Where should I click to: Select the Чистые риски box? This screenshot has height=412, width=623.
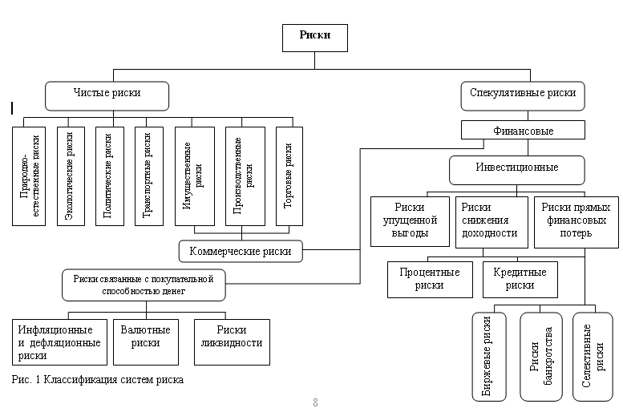tap(107, 94)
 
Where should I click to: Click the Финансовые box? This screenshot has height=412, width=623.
tap(521, 130)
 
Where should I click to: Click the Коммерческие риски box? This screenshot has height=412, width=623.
tap(241, 252)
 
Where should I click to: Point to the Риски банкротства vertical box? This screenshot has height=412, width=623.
tap(541, 356)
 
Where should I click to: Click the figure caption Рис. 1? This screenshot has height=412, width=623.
tap(99, 380)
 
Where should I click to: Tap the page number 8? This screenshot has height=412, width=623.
tap(315, 402)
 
